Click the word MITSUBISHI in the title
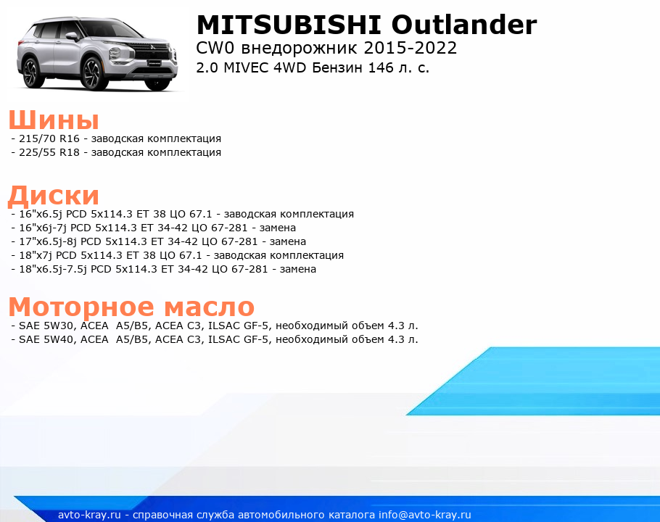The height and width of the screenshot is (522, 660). click(289, 25)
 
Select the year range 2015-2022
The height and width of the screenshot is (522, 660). click(411, 48)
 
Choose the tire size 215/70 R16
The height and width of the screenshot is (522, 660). click(49, 138)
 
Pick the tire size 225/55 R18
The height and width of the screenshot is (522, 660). click(49, 152)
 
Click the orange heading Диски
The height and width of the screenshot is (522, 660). click(54, 195)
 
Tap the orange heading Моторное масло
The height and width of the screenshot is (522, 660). click(131, 307)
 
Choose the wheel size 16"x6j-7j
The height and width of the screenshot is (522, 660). click(43, 228)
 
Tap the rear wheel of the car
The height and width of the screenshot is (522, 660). click(32, 72)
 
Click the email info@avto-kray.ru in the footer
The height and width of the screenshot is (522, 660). click(425, 515)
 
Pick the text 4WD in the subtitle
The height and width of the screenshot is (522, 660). click(289, 67)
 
